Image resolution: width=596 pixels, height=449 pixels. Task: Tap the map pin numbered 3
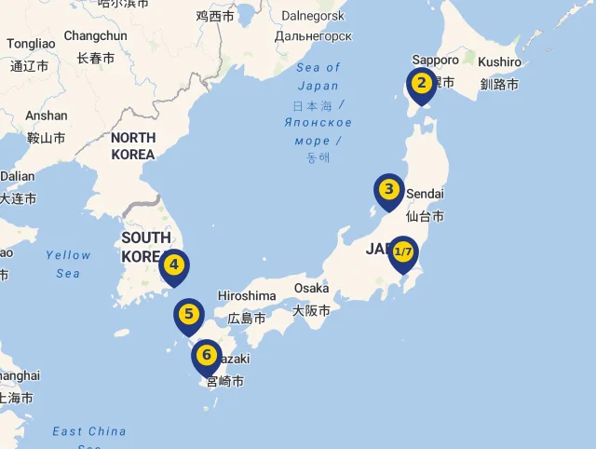(x=389, y=190)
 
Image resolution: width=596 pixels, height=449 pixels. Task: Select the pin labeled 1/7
(x=403, y=252)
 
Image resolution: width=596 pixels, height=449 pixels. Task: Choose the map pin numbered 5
(x=188, y=315)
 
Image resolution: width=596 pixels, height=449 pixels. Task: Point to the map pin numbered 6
(x=206, y=355)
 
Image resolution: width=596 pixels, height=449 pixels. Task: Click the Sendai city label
(x=426, y=193)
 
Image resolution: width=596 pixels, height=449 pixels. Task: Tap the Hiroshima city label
(x=247, y=296)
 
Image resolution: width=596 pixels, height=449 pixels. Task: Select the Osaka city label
(x=311, y=288)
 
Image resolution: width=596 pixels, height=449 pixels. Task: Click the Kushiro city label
(x=499, y=61)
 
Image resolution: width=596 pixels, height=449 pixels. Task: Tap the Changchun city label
(x=95, y=35)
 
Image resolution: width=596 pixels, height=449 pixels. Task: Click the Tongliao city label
(x=31, y=44)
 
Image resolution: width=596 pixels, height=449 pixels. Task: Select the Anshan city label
(x=47, y=116)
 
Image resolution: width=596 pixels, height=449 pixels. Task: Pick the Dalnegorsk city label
(x=313, y=15)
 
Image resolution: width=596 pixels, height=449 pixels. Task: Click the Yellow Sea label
(x=68, y=264)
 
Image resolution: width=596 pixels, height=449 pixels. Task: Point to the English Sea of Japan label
(x=318, y=76)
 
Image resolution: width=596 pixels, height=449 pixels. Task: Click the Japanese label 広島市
(x=247, y=318)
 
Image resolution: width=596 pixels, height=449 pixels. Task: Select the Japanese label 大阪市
(x=311, y=310)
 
